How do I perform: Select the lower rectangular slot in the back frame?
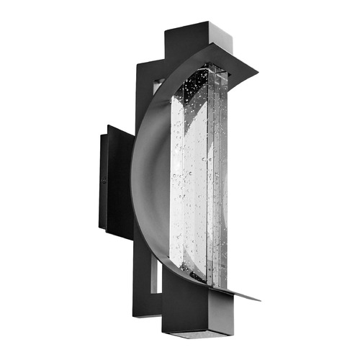click(154, 277)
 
